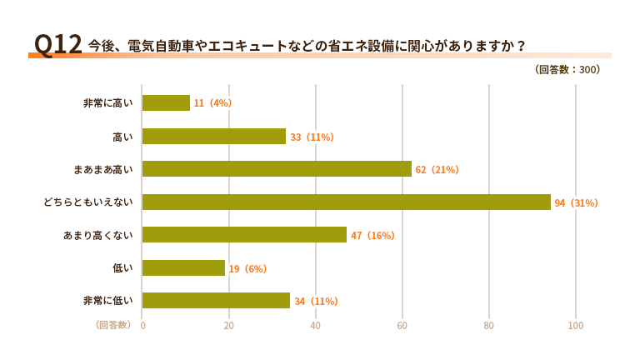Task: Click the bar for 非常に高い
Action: pos(166,102)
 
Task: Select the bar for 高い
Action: pos(214,136)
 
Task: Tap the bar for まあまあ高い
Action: pos(277,169)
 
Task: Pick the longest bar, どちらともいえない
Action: pos(346,202)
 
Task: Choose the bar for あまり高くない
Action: pos(244,235)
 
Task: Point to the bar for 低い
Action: pos(183,268)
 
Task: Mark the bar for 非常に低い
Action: pos(216,301)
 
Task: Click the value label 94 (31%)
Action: pos(577,202)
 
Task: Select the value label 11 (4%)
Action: pos(212,103)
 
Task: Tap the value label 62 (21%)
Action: pos(437,169)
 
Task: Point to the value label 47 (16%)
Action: pos(372,236)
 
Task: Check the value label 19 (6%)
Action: pos(247,268)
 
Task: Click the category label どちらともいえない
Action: pos(87,202)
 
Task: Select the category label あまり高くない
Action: pos(97,235)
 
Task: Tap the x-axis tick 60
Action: pos(402,326)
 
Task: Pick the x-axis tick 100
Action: pos(576,326)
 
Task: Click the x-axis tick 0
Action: pos(142,326)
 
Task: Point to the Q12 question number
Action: pos(57,44)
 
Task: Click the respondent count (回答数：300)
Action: pos(567,70)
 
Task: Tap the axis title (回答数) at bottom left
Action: pos(112,325)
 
